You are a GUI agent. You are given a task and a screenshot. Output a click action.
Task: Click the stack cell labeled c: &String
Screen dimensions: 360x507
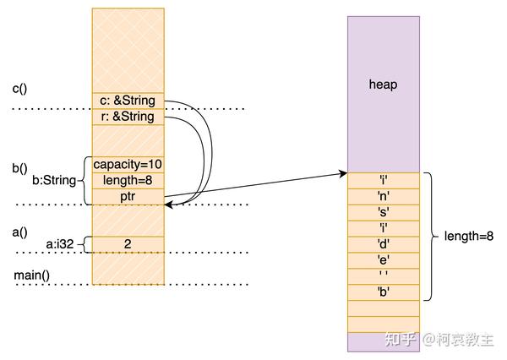tap(128, 101)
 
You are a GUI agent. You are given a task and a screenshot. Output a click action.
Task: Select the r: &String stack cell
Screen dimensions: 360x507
tap(128, 117)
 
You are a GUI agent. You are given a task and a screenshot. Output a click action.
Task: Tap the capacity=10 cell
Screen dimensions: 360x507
tap(128, 164)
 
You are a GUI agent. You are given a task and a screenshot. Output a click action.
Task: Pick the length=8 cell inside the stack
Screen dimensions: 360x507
tap(128, 180)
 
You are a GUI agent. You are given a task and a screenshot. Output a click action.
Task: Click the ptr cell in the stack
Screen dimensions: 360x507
tap(128, 196)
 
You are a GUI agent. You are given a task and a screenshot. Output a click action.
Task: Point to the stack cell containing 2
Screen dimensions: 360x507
tap(128, 244)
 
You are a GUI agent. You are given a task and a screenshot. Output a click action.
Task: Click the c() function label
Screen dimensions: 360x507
tap(20, 88)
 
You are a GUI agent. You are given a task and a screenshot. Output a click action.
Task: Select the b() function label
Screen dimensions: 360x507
tap(20, 168)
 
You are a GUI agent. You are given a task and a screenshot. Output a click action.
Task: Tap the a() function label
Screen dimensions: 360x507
tap(20, 232)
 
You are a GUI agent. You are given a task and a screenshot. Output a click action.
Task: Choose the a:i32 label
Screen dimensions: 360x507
tap(60, 244)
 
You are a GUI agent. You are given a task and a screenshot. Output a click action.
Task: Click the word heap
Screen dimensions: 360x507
tap(383, 85)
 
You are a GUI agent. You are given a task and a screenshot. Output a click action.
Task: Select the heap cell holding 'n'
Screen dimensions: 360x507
tap(384, 195)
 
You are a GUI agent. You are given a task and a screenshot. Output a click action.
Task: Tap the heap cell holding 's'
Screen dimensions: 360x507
tap(384, 211)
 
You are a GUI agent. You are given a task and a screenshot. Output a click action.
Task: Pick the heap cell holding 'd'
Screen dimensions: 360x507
tap(384, 243)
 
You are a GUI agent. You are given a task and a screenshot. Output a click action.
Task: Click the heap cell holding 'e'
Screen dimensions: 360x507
tap(384, 259)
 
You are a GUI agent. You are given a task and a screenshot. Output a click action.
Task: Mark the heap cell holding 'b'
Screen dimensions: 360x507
tap(384, 292)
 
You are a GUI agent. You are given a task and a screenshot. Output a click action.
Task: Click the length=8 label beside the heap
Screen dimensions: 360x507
tap(468, 236)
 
